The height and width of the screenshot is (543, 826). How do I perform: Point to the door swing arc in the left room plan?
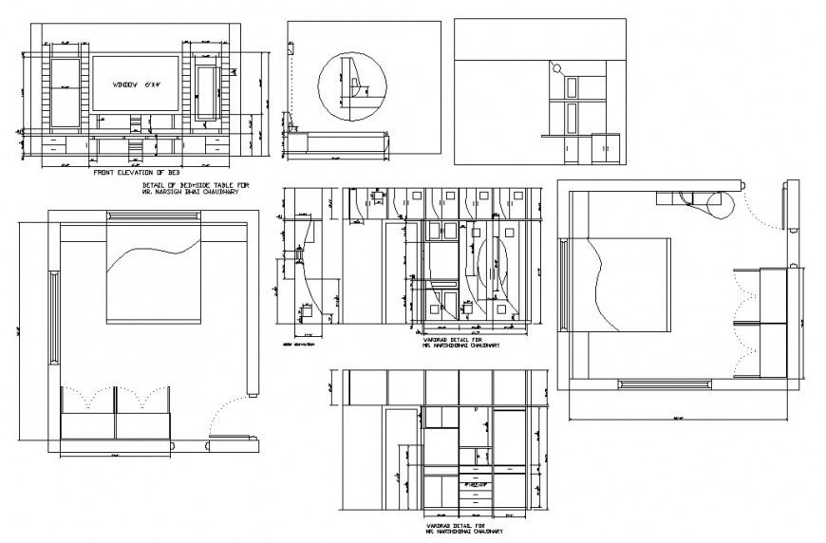tap(220, 418)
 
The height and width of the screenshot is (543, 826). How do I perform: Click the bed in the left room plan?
tap(153, 271)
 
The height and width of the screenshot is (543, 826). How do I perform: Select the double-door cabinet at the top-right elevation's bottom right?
tap(602, 148)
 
